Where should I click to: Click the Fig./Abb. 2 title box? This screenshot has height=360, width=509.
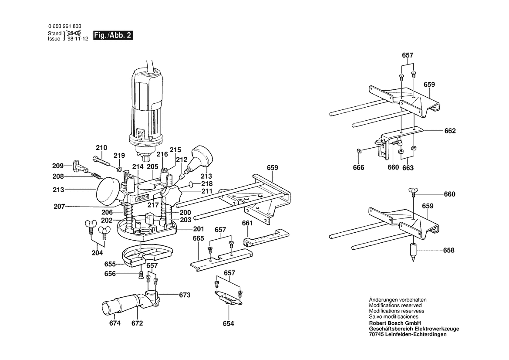point(113,35)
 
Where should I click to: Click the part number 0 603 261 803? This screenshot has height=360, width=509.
point(64,26)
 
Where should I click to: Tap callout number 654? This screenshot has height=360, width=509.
point(228,324)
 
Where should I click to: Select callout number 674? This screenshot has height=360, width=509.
point(115,323)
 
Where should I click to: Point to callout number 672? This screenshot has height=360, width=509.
point(137,323)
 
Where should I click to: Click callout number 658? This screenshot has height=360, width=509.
point(448,250)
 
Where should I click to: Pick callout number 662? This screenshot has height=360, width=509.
point(450,131)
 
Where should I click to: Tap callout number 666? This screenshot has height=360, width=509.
point(359,168)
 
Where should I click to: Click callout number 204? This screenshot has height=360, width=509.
point(97,253)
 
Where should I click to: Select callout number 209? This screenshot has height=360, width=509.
point(58,166)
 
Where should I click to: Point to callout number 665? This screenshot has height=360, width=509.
point(199,238)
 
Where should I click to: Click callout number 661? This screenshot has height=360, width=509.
point(247,223)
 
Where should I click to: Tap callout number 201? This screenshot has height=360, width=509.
point(199,229)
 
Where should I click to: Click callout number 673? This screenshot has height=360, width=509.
point(185,295)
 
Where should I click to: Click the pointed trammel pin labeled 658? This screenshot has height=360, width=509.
point(413,252)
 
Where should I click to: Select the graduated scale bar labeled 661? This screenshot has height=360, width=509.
point(266,238)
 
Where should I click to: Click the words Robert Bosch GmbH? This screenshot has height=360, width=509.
point(395,323)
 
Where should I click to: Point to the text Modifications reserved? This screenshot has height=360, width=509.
point(395,306)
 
